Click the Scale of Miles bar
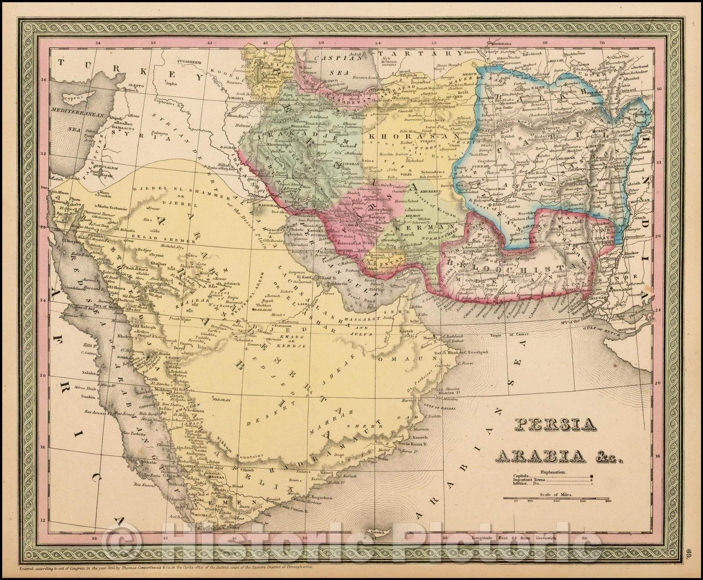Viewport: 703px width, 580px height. (555, 498)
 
